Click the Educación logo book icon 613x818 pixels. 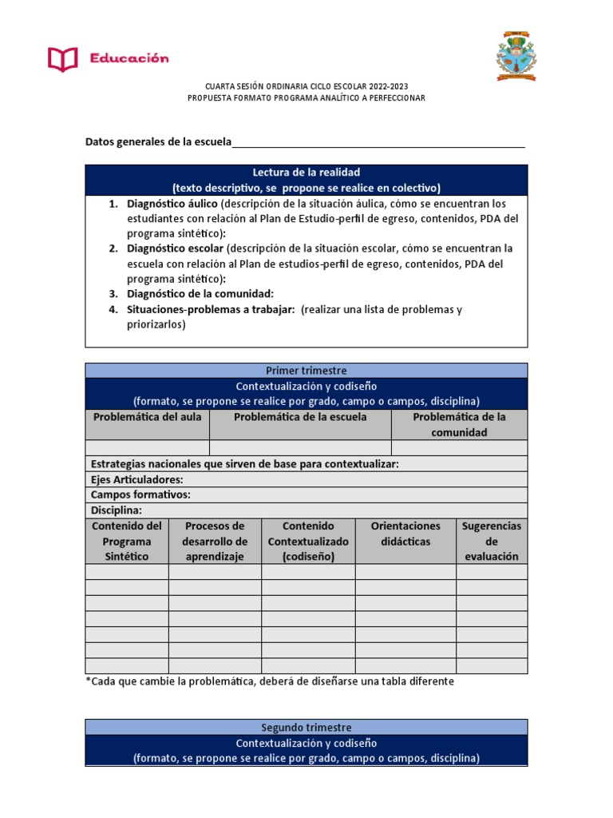(63, 58)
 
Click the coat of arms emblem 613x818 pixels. (516, 56)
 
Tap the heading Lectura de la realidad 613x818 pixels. (306, 173)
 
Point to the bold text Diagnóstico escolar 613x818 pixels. (174, 248)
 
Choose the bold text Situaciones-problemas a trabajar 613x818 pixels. (211, 309)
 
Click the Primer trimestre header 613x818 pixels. (306, 371)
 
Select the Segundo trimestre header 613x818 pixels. (306, 728)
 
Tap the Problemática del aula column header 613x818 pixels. (148, 417)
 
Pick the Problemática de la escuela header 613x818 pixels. (300, 417)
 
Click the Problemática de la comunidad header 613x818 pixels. (459, 424)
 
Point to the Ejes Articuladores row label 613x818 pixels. (137, 479)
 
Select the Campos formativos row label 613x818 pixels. (140, 494)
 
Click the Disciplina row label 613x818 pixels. (117, 510)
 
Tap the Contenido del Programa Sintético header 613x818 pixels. (127, 541)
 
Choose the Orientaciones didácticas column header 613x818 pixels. (405, 534)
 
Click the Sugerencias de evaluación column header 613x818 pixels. (492, 541)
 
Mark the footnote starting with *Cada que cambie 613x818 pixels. (270, 681)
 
